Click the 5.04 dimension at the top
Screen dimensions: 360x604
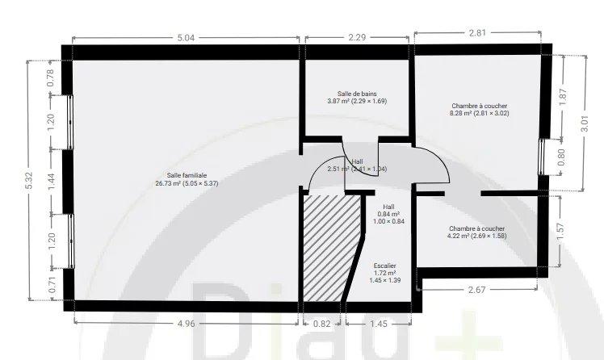click(x=186, y=36)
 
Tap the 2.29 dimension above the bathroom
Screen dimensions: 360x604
click(x=359, y=36)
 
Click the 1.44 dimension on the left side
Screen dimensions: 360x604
click(x=51, y=183)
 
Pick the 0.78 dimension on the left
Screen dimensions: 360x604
click(x=51, y=77)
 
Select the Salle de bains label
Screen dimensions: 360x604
click(x=357, y=94)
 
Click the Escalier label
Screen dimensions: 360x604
click(x=385, y=266)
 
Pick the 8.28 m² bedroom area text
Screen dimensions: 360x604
click(x=480, y=113)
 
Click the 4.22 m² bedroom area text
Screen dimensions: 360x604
click(x=476, y=237)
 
